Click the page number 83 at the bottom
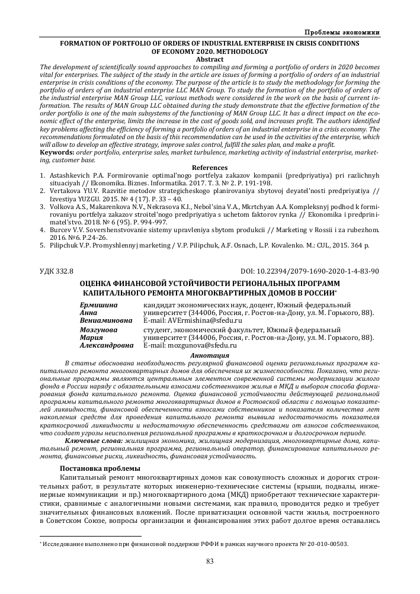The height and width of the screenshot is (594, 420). pyautogui.click(x=210, y=561)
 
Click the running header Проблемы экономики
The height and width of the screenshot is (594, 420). pyautogui.click(x=342, y=31)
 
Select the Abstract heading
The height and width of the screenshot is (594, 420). pyautogui.click(x=210, y=59)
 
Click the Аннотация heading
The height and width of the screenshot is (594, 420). pyautogui.click(x=210, y=354)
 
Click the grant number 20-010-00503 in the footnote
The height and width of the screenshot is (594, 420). pyautogui.click(x=325, y=543)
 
